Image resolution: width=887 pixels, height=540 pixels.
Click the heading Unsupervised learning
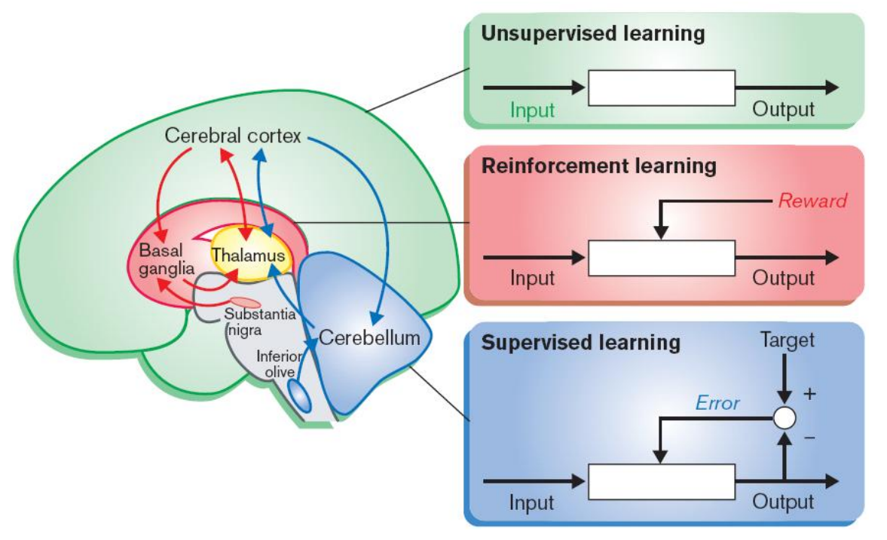(x=592, y=34)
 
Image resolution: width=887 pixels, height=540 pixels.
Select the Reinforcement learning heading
(x=598, y=166)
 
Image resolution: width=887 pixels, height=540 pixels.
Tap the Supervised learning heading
(x=580, y=343)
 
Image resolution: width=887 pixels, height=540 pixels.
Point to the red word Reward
(x=812, y=200)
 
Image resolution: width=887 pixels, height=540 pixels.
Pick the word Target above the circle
(x=787, y=340)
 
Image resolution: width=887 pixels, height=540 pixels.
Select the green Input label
(x=532, y=110)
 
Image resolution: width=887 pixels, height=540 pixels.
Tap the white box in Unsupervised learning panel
(x=661, y=87)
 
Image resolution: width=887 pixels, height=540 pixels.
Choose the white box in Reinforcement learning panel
(x=661, y=258)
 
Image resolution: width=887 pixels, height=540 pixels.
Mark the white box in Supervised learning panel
(x=661, y=481)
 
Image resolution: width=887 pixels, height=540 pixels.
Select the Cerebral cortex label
(x=233, y=137)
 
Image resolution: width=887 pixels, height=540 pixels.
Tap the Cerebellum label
(x=369, y=337)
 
